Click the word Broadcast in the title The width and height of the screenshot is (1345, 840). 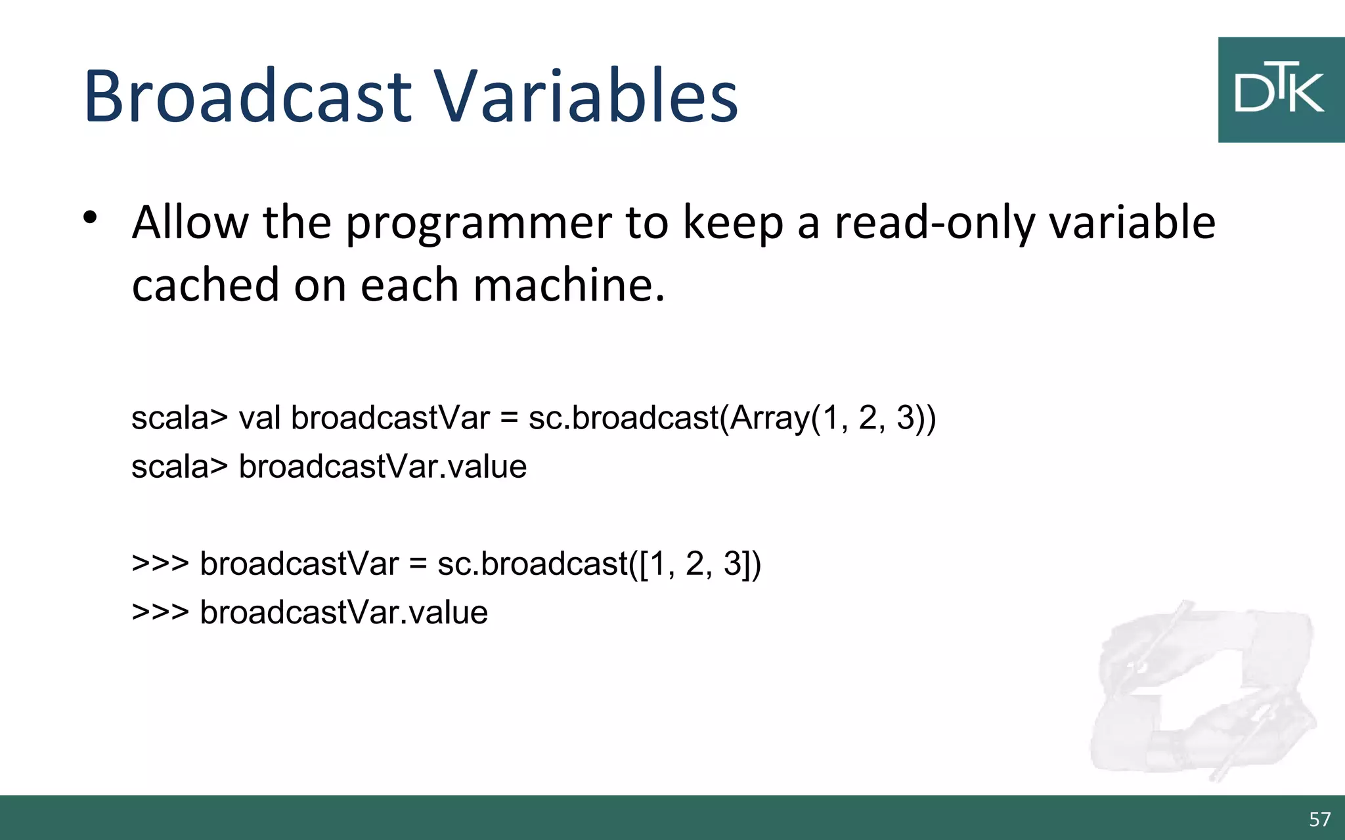[248, 96]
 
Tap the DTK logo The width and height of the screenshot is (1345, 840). [1280, 90]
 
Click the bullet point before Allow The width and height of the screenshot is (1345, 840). [91, 218]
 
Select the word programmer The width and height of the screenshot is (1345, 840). [479, 224]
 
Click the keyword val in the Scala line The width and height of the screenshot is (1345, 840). [259, 418]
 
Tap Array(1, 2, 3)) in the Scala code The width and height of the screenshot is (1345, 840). [832, 418]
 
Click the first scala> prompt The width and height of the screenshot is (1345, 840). [179, 418]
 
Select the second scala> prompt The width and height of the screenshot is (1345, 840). [179, 467]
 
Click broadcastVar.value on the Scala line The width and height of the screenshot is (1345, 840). [382, 467]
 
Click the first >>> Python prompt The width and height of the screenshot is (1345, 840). [160, 564]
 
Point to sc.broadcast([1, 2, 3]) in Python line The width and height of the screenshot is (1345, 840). [599, 564]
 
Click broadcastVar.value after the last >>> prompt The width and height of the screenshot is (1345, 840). [343, 613]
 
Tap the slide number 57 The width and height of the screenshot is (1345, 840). [1319, 819]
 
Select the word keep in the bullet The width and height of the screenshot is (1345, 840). [733, 224]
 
